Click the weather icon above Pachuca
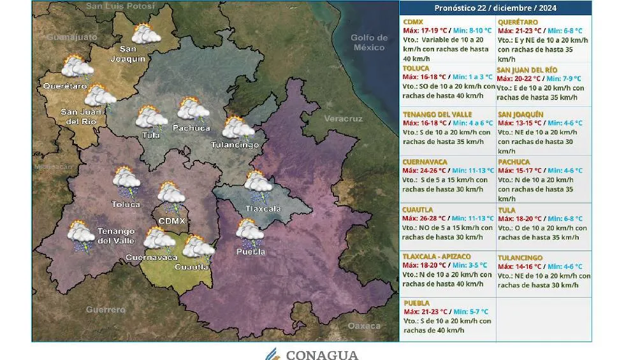point(193,110)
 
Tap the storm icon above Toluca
point(127,182)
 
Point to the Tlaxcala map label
point(263,208)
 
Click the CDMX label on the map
point(171,220)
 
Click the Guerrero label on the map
point(106,310)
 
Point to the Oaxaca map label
point(364,326)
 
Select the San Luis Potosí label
point(120,6)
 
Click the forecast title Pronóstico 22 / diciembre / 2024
point(495,8)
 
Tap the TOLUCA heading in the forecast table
point(416,68)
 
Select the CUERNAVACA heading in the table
point(425,162)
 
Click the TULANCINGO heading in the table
point(520,257)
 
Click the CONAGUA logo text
point(321,354)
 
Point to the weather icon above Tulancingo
point(238,128)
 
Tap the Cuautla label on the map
point(191,267)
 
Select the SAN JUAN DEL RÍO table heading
point(527,70)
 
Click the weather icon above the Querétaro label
point(76,68)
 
